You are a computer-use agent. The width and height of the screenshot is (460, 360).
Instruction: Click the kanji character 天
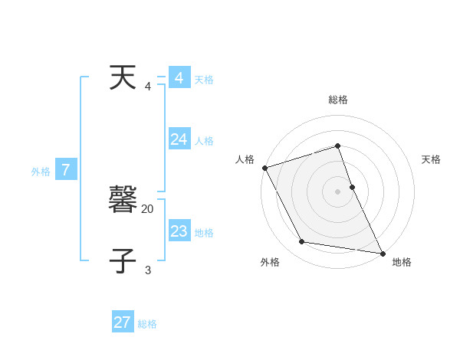point(123,79)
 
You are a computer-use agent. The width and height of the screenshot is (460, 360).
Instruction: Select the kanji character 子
point(123,260)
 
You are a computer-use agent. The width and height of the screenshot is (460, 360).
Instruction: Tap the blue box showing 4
point(179,78)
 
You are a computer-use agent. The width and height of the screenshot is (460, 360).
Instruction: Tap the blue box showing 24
point(179,139)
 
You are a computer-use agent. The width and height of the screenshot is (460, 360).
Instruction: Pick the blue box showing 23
point(179,231)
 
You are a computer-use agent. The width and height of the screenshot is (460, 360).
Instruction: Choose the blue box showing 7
point(66,170)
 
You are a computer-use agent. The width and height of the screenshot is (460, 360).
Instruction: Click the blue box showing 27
point(123,322)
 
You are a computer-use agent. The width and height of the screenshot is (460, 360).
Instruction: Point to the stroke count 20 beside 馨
point(148,208)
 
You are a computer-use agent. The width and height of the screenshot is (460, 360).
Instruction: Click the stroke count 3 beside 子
point(148,270)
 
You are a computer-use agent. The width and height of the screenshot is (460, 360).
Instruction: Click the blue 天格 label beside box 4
point(204,80)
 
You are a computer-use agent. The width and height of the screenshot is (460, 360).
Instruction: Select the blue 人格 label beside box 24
point(204,141)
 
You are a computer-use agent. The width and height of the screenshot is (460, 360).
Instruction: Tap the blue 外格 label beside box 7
point(41,172)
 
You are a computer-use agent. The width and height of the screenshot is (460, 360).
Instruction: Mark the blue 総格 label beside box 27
point(147,324)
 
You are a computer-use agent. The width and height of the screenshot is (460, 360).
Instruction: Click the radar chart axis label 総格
point(338,100)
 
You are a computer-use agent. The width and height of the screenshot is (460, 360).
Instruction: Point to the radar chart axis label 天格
point(431,159)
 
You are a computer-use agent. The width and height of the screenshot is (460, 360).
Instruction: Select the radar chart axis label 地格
point(402,262)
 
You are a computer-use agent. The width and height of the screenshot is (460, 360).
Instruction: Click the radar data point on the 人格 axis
point(264,168)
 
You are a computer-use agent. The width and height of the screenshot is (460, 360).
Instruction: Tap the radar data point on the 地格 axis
point(382,252)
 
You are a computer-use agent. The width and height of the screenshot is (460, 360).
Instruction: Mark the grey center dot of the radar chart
point(338,191)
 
